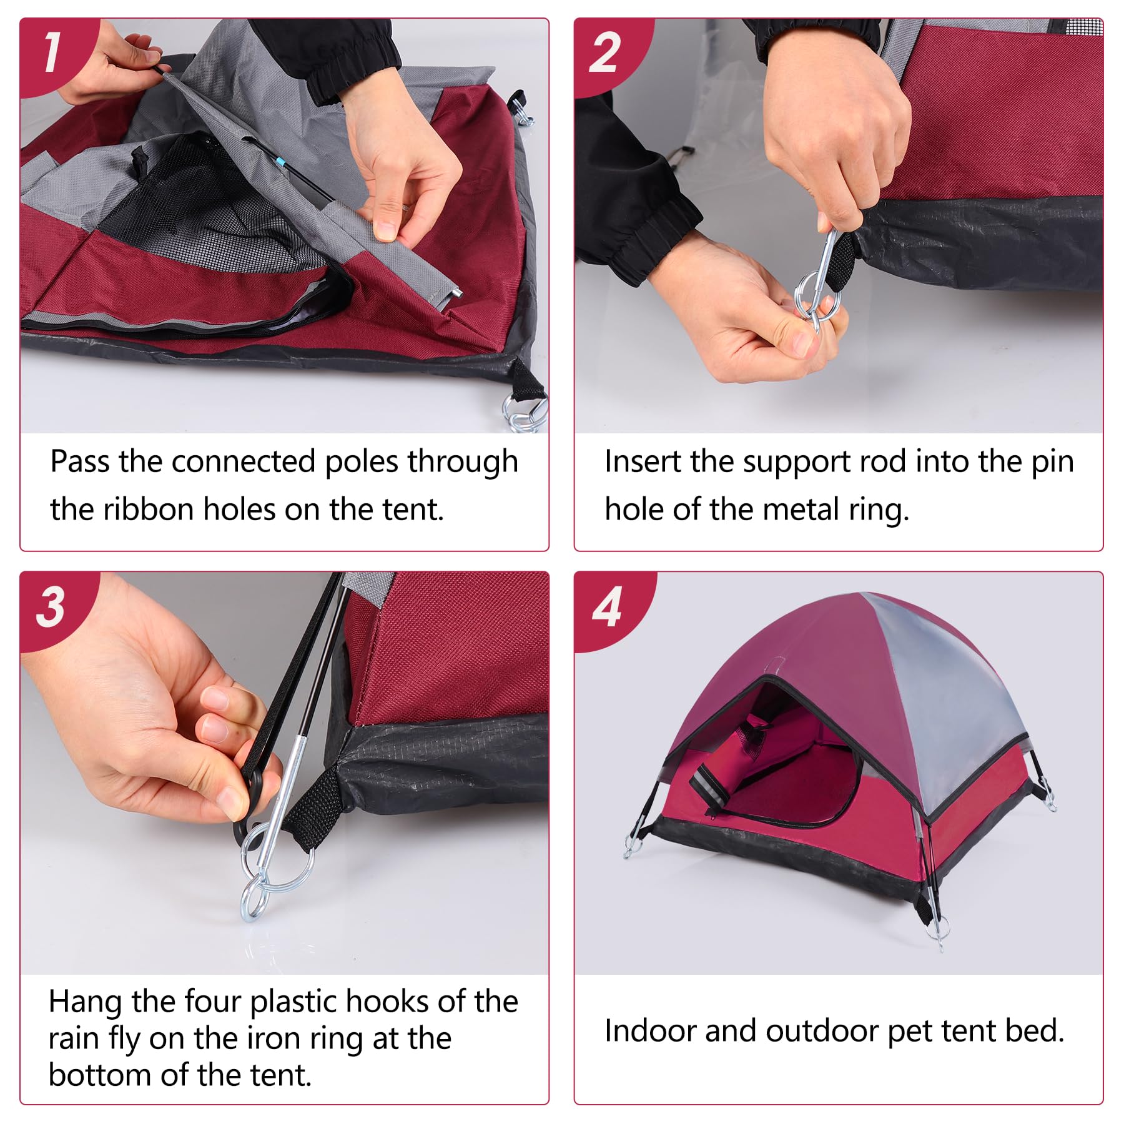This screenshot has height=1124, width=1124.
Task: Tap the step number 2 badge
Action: pos(604,52)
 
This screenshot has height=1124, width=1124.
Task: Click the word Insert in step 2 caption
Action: pos(643,462)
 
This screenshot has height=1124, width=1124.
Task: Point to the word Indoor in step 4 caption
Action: pos(649,1031)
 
